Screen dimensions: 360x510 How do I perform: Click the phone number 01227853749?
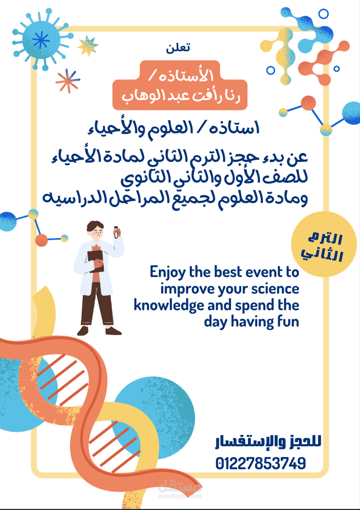pos(260,463)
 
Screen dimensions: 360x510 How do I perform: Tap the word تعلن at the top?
pos(178,48)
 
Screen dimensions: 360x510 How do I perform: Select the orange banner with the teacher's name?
pos(179,85)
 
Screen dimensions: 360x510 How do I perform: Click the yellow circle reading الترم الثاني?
pos(324,244)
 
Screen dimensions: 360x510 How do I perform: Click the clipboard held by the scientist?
pos(96,261)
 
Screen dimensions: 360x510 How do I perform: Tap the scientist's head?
pos(95,230)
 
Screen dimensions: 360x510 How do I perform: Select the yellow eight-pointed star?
pos(87,46)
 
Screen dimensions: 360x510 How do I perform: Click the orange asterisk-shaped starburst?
pos(68,81)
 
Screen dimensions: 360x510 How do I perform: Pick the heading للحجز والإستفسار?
pos(268,442)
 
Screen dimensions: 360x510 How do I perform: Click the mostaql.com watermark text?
pos(179,496)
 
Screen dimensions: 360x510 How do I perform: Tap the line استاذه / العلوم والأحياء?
pos(173,128)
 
